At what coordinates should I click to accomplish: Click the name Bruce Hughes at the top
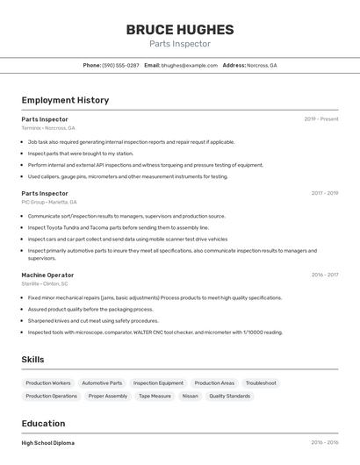coord(179,29)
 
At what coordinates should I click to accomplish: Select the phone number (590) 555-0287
coord(120,65)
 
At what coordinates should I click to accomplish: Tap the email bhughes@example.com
coord(190,65)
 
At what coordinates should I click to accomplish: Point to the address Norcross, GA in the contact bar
coord(262,65)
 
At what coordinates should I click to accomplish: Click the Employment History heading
coord(65,100)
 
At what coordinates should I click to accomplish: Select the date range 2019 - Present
coord(320,118)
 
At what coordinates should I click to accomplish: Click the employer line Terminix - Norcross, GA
coord(49,128)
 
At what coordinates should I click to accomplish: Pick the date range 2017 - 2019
coord(324,193)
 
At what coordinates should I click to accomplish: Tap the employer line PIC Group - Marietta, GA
coord(49,202)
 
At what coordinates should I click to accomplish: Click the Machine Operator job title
coord(47,275)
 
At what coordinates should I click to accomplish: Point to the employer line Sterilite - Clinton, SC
coord(45,283)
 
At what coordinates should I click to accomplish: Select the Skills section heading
coord(32,360)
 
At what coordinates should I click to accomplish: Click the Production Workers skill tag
coord(48,383)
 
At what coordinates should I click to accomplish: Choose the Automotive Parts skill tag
coord(102,383)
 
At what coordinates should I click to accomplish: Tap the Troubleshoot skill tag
coord(261,383)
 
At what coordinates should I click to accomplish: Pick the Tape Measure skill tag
coord(155,396)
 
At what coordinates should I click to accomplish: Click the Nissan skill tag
coord(190,396)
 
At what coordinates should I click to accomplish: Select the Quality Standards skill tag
coord(229,396)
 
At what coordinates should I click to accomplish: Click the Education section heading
coord(44,424)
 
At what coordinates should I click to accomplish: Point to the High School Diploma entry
coord(48,443)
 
